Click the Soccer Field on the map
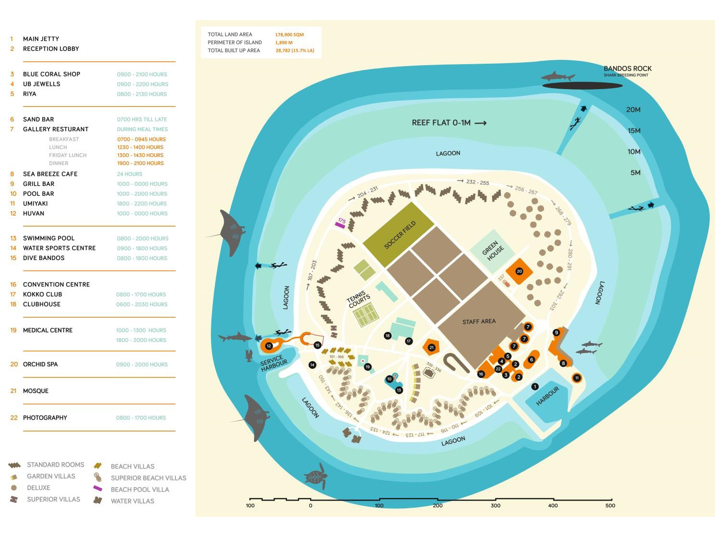click(399, 234)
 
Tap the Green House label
click(493, 251)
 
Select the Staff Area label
click(479, 321)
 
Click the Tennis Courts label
click(359, 299)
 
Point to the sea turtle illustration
click(316, 476)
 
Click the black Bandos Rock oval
click(582, 86)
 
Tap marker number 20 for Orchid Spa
click(519, 271)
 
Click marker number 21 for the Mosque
click(431, 348)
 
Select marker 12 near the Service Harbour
click(269, 346)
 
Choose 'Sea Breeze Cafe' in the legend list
click(50, 174)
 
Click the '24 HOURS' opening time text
click(129, 174)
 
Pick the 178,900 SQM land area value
click(289, 34)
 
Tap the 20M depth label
click(633, 110)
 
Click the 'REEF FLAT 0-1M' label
click(441, 123)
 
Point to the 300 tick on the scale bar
click(496, 505)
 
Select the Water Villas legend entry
click(132, 501)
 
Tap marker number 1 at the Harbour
click(535, 387)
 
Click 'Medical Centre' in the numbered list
click(47, 330)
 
